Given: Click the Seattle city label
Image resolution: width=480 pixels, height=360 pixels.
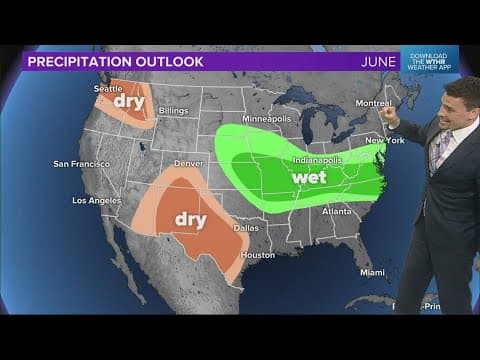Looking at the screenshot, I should click(109, 88).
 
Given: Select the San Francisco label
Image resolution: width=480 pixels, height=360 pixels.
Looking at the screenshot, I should click(81, 163).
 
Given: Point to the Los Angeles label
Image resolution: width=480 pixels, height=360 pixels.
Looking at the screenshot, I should click(98, 200).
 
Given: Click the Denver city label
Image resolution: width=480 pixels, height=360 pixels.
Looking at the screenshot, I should click(190, 163).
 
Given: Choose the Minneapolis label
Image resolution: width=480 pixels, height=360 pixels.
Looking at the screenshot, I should click(267, 118).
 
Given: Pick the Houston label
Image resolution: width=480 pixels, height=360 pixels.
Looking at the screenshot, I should click(257, 255).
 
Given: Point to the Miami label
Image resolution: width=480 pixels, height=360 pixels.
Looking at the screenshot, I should click(373, 272).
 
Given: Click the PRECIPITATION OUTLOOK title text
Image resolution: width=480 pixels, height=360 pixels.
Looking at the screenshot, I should click(116, 62).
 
